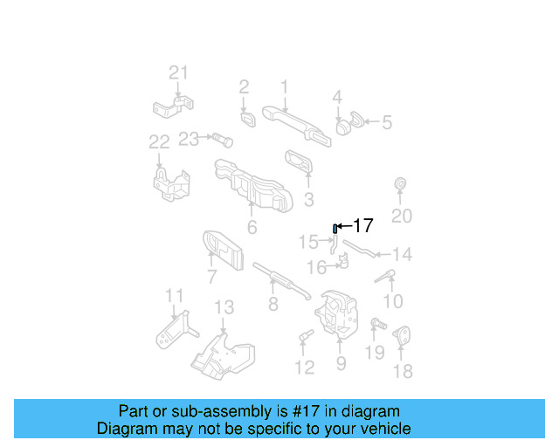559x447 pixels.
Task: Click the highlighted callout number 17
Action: [362, 226]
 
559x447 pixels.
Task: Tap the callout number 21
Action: [178, 72]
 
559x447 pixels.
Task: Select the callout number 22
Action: [158, 142]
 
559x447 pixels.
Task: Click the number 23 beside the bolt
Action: [189, 139]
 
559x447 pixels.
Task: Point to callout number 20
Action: [401, 217]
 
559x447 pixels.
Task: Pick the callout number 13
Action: [224, 307]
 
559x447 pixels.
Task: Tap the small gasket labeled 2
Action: [247, 116]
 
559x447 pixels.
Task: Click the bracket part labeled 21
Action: [173, 108]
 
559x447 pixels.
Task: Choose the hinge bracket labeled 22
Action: [171, 184]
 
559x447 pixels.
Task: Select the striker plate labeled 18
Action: [402, 335]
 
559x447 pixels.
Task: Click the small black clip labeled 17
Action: [334, 228]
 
